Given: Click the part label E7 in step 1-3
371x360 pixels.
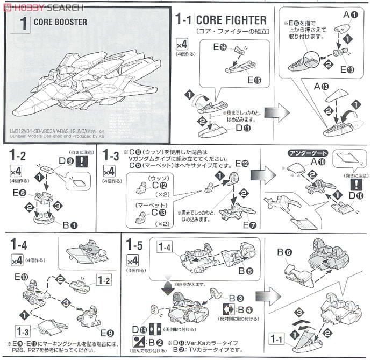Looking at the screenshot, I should point(248,224).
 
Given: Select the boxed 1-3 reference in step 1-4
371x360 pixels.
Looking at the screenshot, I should point(23,330).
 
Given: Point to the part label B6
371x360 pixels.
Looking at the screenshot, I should point(284,252).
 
